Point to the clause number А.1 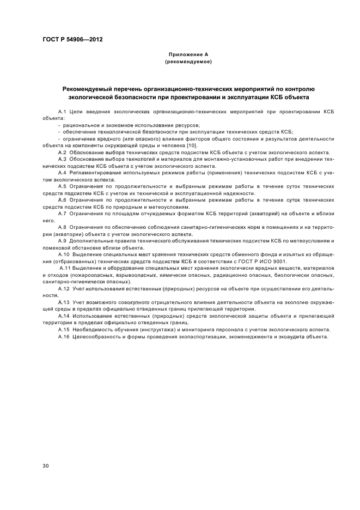[x=62, y=111]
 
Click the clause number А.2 [x=62, y=153]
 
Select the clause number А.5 [x=62, y=186]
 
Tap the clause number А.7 [x=62, y=213]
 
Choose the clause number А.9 [x=62, y=240]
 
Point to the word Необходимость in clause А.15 [x=90, y=329]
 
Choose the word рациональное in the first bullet [x=79, y=125]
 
